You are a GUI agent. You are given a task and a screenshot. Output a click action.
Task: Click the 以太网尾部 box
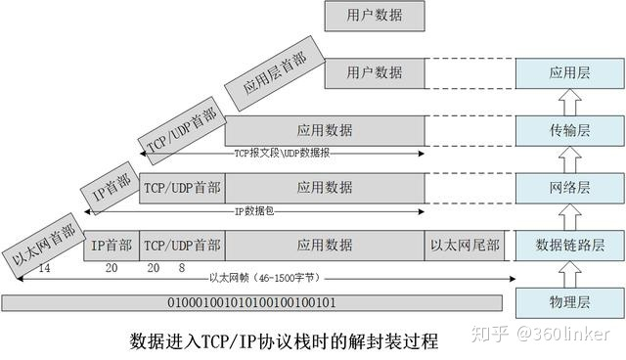click(x=465, y=245)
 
